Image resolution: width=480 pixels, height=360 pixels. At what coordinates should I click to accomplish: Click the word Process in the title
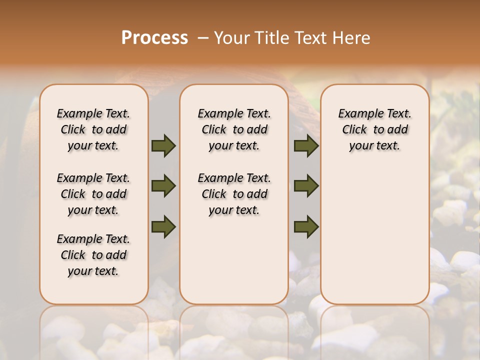pyautogui.click(x=154, y=38)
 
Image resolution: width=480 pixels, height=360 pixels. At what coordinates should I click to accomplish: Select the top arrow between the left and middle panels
pyautogui.click(x=163, y=145)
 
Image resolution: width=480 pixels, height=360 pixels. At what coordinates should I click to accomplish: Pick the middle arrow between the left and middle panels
pyautogui.click(x=163, y=186)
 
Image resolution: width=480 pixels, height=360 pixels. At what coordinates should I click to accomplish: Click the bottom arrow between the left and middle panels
pyautogui.click(x=163, y=226)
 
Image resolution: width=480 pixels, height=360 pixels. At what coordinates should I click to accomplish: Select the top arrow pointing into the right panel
pyautogui.click(x=306, y=145)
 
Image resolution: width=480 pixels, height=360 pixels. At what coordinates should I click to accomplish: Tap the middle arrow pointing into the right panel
pyautogui.click(x=306, y=186)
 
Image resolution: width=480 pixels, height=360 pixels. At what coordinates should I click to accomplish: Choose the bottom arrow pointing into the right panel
pyautogui.click(x=306, y=226)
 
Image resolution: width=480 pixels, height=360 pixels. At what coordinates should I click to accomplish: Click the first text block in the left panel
pyautogui.click(x=93, y=129)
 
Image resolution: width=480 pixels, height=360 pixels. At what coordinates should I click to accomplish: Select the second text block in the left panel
pyautogui.click(x=93, y=194)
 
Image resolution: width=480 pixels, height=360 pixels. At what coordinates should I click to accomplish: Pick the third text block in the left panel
pyautogui.click(x=93, y=255)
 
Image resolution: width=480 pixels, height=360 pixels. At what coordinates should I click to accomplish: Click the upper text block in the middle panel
pyautogui.click(x=234, y=129)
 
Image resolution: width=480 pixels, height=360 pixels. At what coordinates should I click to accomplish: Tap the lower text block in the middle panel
pyautogui.click(x=234, y=194)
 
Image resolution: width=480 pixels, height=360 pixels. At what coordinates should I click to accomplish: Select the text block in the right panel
pyautogui.click(x=374, y=129)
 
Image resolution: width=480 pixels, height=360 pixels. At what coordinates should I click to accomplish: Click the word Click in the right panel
pyautogui.click(x=354, y=129)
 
